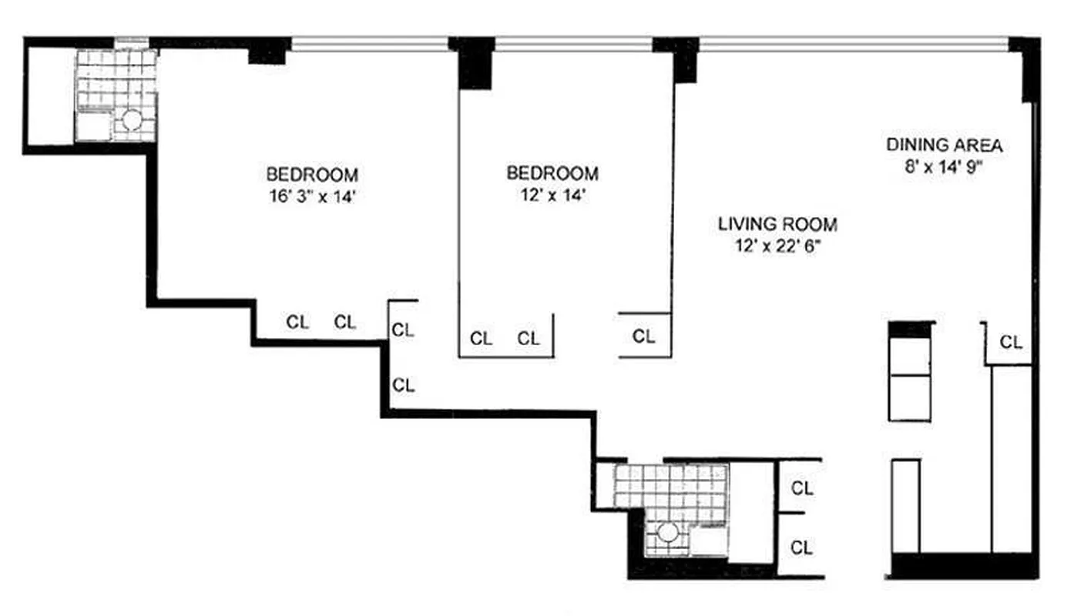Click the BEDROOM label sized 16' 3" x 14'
coord(312,173)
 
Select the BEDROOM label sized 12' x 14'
coord(552,173)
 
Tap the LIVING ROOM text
coord(777,225)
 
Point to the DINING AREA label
coord(944,145)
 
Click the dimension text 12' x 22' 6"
coord(777,248)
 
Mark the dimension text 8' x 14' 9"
coord(944,167)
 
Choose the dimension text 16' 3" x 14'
coord(312,196)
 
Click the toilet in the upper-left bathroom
coord(132,120)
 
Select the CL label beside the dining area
coord(1011,342)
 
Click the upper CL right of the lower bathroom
coord(802,488)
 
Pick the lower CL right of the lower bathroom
coord(802,547)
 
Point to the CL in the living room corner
coord(644,336)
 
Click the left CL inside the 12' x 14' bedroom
coord(482,338)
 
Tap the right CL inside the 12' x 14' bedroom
coord(529,338)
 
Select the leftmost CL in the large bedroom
coord(297,322)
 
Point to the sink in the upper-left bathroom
coord(93,126)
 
